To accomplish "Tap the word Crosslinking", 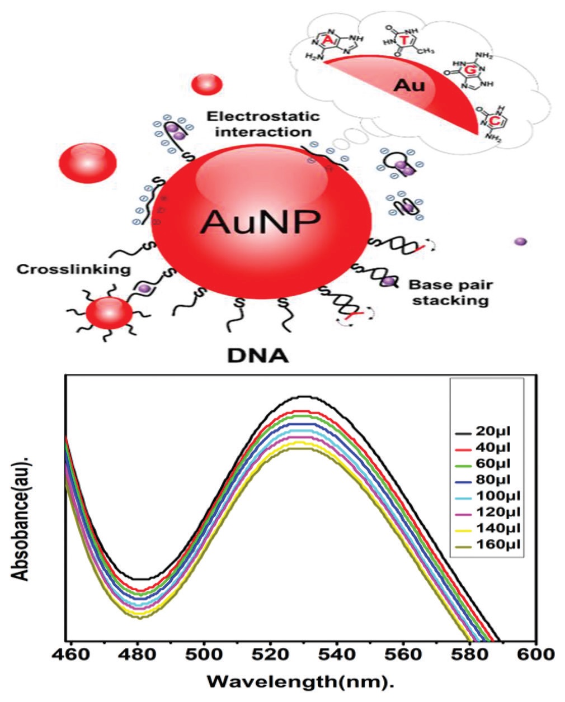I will click(x=73, y=269).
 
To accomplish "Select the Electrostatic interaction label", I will click(x=263, y=124).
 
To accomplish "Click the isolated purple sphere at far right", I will click(x=521, y=241).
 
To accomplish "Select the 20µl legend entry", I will click(x=492, y=431).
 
